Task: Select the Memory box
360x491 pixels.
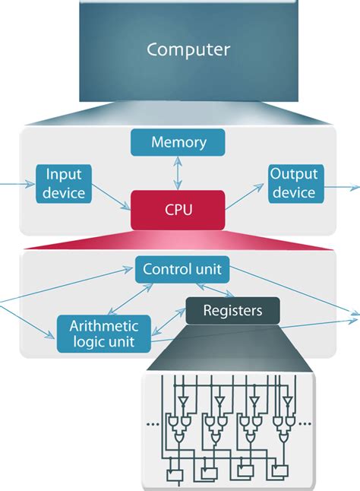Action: coord(178,142)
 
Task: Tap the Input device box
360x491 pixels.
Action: coord(64,183)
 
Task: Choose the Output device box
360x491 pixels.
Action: coord(294,183)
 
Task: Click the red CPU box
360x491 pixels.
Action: coord(178,209)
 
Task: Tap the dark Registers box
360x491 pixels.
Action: coord(232,310)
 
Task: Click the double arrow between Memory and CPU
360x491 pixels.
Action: coord(178,173)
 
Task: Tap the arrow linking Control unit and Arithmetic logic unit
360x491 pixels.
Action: coord(130,299)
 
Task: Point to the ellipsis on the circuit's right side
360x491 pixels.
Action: coord(305,423)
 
